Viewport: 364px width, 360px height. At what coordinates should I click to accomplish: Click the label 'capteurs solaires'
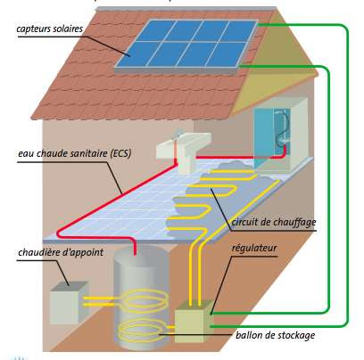[x=49, y=29]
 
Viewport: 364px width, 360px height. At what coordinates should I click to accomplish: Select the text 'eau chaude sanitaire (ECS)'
[x=75, y=154]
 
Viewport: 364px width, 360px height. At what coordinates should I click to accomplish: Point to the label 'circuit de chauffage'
[x=274, y=222]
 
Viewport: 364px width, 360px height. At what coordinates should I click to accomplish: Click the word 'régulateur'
[x=254, y=248]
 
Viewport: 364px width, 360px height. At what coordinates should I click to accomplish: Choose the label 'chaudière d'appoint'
[x=61, y=252]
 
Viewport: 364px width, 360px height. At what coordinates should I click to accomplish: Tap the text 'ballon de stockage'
[x=275, y=335]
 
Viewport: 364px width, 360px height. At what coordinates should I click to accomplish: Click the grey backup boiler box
[x=69, y=303]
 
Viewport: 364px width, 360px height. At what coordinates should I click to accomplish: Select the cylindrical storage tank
[x=141, y=297]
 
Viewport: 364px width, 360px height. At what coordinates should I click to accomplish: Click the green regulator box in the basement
[x=194, y=322]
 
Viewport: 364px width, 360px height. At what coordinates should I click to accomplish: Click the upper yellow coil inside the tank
[x=145, y=300]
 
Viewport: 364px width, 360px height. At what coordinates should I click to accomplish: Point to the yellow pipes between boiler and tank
[x=98, y=301]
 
